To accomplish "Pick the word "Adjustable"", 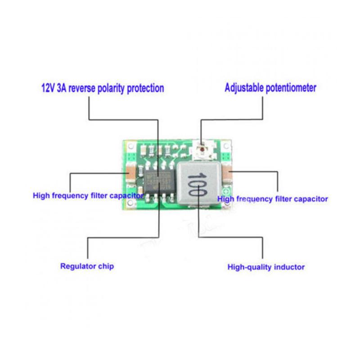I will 243,88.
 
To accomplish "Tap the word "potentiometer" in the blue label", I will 290,88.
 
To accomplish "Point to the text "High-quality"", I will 249,267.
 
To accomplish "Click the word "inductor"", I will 288,267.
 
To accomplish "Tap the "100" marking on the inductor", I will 196,183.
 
